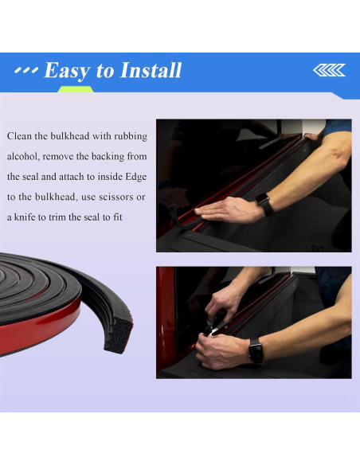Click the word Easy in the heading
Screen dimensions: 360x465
(67, 71)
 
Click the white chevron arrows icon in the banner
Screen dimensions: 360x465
(329, 70)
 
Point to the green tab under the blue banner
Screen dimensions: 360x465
(76, 89)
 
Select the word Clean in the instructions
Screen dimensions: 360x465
(19, 136)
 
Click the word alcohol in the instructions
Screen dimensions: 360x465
(23, 156)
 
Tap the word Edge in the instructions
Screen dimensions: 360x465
(136, 177)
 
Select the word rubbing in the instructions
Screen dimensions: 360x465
(131, 137)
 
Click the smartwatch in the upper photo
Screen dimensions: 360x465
(264, 204)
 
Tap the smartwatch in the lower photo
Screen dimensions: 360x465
(256, 350)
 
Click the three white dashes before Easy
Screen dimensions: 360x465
(26, 70)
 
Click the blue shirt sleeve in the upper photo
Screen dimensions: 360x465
(338, 127)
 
